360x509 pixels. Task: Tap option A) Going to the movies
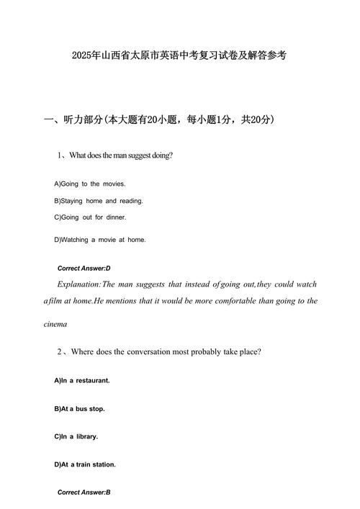tap(90, 184)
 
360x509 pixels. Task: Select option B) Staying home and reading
tap(99, 201)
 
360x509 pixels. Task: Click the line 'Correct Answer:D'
tap(84, 268)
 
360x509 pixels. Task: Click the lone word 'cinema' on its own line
tap(55, 324)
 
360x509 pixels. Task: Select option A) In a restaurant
tap(82, 379)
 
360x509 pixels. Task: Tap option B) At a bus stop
tap(79, 408)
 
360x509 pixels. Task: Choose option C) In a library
tap(76, 436)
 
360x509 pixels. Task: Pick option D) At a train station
tap(85, 464)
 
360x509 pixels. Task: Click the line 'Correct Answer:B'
tap(84, 492)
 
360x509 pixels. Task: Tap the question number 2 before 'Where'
tap(60, 352)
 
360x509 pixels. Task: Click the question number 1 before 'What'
tap(60, 155)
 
